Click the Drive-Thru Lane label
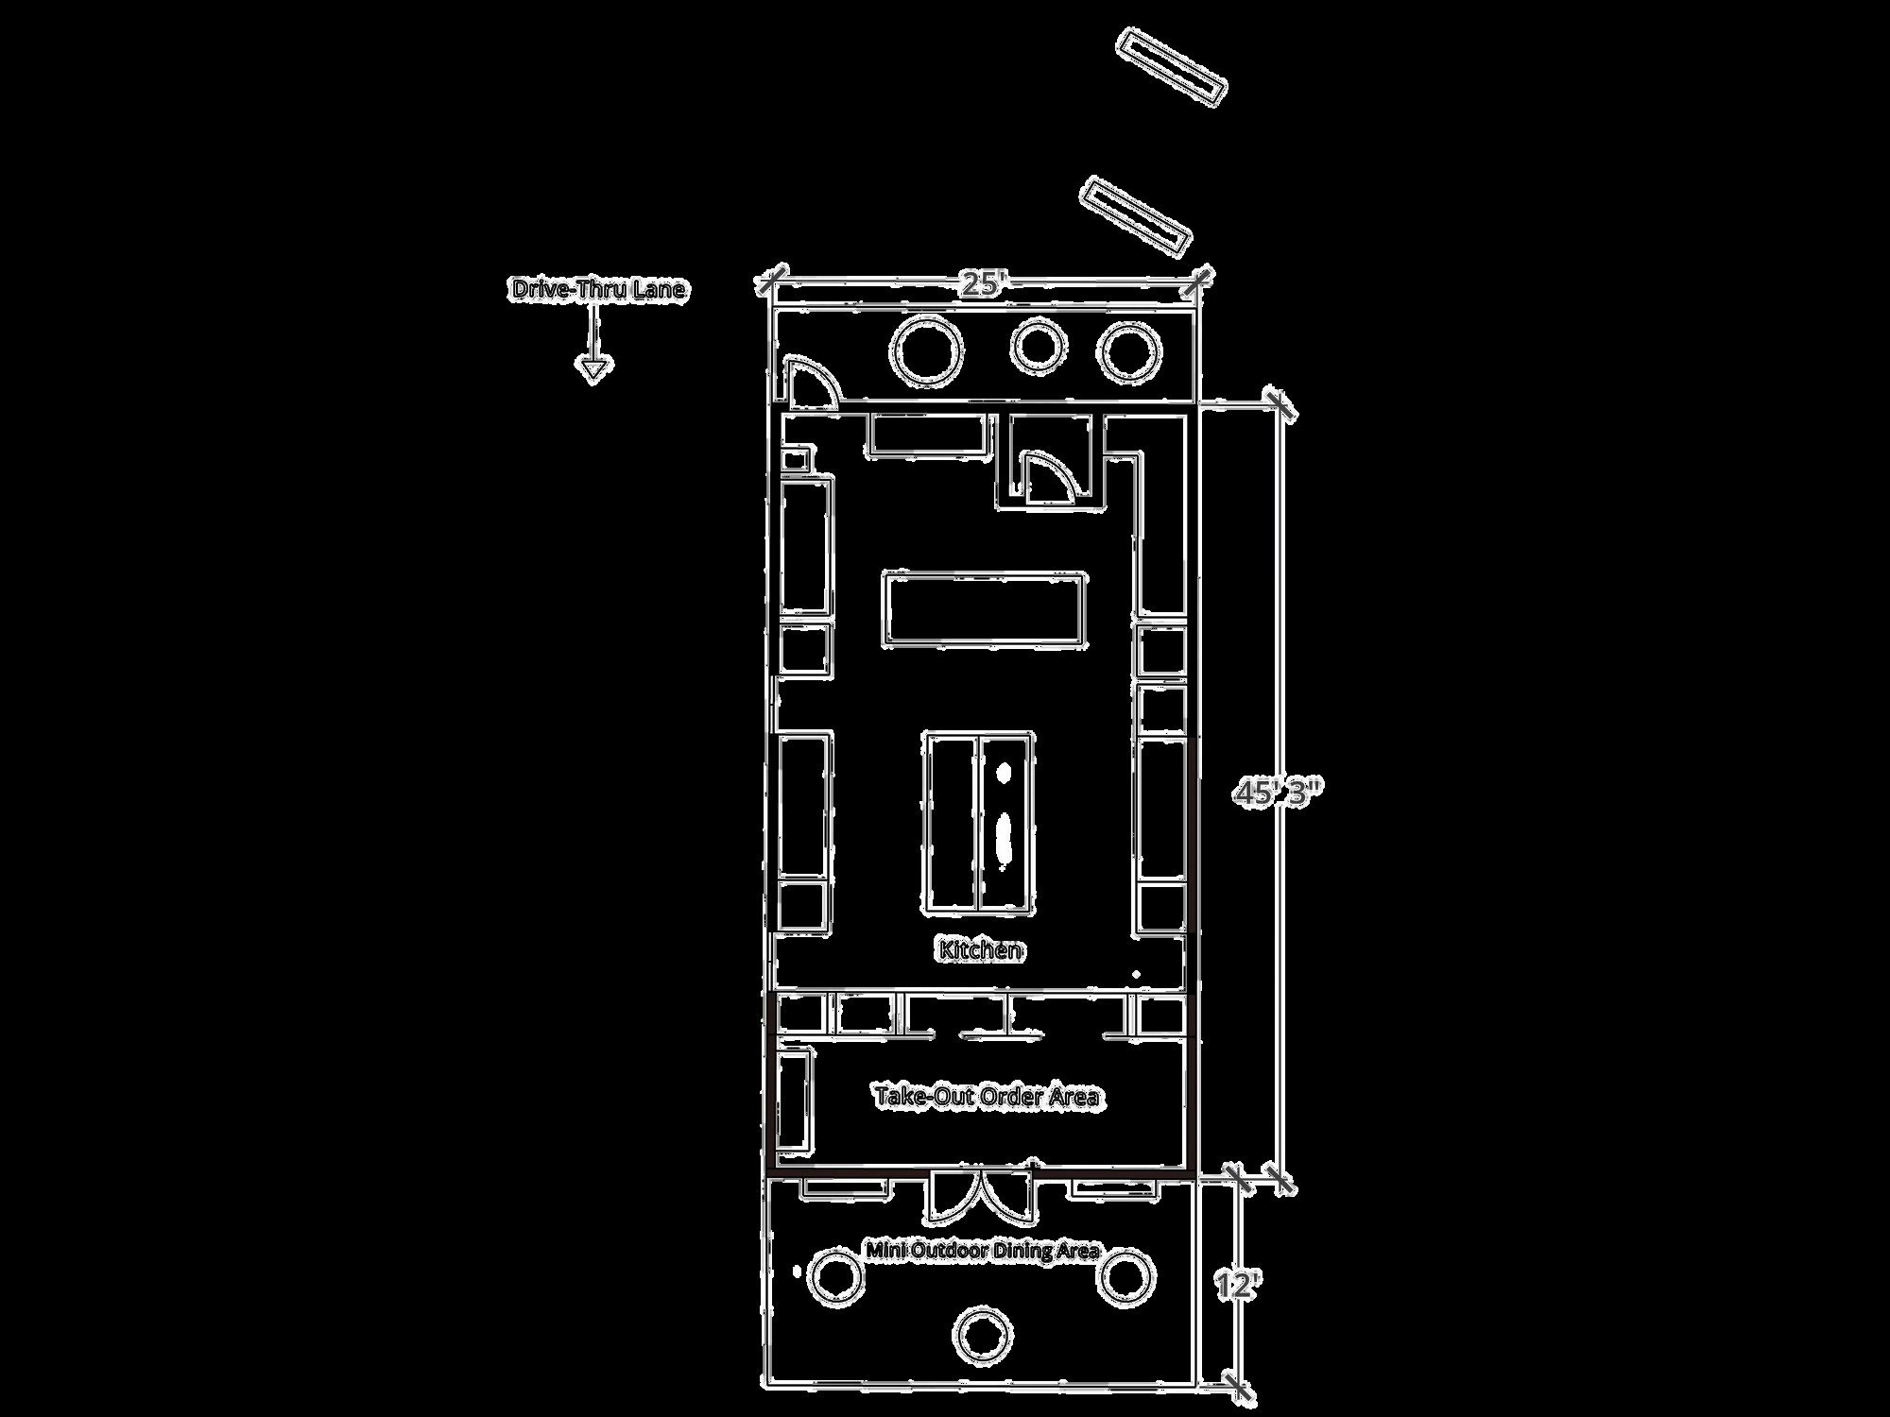coord(598,289)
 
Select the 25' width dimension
coord(983,283)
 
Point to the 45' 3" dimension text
coord(1275,793)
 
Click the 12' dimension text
coord(1237,1286)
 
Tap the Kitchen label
coord(980,949)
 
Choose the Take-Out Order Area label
coord(986,1096)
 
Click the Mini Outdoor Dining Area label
coord(983,1251)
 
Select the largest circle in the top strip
coord(926,350)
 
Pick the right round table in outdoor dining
coord(1125,1275)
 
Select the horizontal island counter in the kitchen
coord(985,609)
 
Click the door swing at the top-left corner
coord(811,382)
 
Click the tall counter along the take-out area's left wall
coord(795,1100)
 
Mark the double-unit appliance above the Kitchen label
coord(979,822)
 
